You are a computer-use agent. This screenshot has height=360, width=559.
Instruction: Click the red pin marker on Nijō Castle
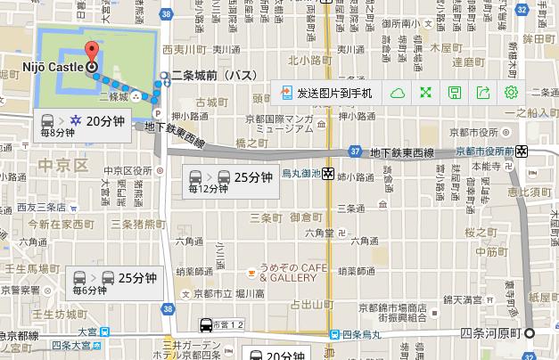click(x=91, y=52)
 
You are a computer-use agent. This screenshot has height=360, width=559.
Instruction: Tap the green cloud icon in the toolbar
click(x=398, y=93)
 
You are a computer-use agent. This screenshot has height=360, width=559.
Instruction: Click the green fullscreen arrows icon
click(x=426, y=93)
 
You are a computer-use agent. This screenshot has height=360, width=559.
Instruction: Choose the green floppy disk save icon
click(x=455, y=93)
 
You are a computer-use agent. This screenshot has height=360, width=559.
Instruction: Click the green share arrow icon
click(x=483, y=93)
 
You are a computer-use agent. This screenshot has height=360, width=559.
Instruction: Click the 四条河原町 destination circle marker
click(x=531, y=333)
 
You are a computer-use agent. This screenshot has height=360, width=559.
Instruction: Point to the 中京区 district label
click(x=62, y=166)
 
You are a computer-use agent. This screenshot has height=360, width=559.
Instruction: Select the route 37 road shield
click(x=355, y=151)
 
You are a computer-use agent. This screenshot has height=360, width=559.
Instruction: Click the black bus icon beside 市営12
click(x=206, y=325)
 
